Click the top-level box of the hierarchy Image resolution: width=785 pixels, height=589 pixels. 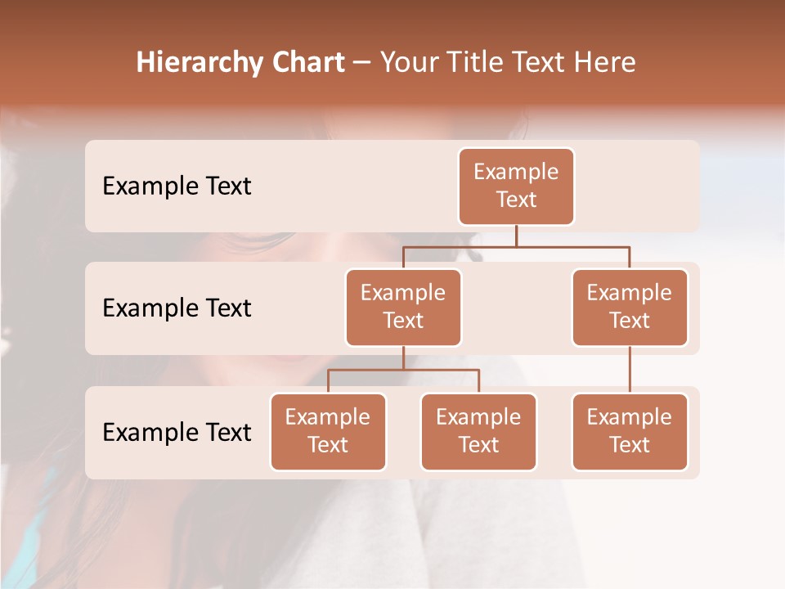tap(516, 186)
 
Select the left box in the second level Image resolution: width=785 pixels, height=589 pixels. tap(403, 307)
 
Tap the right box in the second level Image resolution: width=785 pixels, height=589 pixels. tap(630, 307)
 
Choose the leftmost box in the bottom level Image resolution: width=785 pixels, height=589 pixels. tap(328, 431)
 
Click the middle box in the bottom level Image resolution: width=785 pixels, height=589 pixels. tap(478, 431)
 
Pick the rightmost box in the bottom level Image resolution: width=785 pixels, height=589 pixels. tap(630, 431)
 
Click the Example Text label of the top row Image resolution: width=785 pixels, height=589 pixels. tap(177, 187)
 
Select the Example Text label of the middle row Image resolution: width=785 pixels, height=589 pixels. tap(177, 308)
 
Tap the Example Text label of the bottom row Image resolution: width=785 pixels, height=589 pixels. tap(177, 432)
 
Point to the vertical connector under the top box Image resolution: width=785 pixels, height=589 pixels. tap(516, 236)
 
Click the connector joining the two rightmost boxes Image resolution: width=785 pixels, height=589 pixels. tap(630, 370)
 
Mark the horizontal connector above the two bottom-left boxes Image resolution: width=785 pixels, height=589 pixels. tap(403, 370)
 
